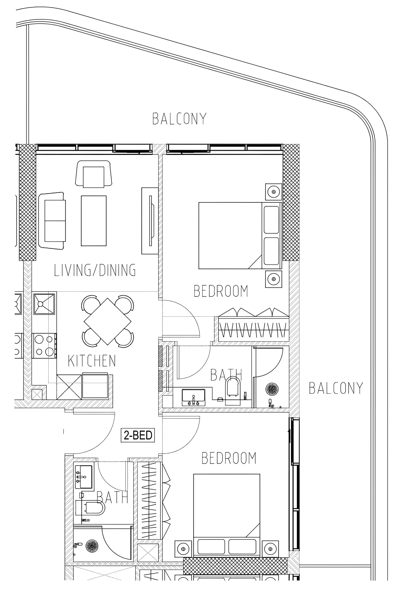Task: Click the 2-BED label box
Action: click(x=138, y=435)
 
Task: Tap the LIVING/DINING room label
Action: click(x=95, y=270)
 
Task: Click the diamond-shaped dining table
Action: click(x=108, y=321)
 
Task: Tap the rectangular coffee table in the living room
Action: click(x=94, y=221)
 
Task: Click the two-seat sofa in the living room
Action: click(x=52, y=221)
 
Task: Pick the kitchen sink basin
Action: click(x=44, y=304)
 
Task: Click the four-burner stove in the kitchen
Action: click(x=44, y=346)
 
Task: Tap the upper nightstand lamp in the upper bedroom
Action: click(x=274, y=192)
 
